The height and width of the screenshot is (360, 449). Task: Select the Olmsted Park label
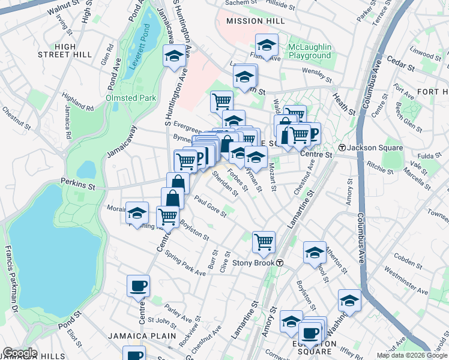tap(131, 98)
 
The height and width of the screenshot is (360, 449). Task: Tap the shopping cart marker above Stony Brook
tap(264, 242)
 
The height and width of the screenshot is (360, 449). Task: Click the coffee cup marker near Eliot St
tap(138, 286)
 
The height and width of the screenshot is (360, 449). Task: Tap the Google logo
tap(20, 353)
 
